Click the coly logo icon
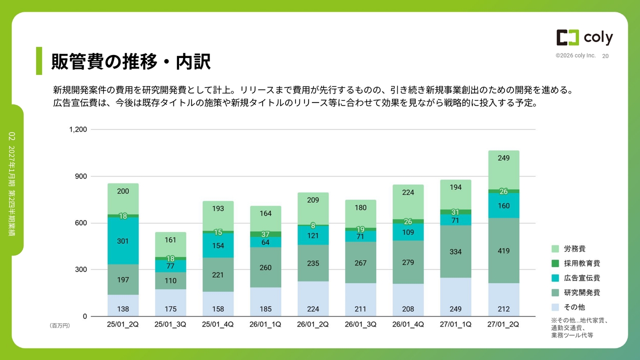click(x=567, y=37)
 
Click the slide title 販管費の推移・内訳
click(x=131, y=61)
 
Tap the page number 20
click(x=605, y=56)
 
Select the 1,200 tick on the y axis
click(x=78, y=129)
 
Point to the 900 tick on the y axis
click(x=81, y=176)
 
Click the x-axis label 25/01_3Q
click(x=170, y=324)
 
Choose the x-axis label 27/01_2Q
click(x=503, y=324)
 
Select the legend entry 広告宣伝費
click(x=575, y=278)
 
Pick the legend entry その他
click(x=568, y=307)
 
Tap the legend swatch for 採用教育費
click(x=555, y=263)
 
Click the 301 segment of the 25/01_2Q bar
click(x=123, y=241)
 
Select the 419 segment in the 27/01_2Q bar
click(x=503, y=250)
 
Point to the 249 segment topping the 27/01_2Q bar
click(x=503, y=170)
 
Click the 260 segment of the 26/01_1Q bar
click(x=265, y=267)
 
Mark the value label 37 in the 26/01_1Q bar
click(x=265, y=234)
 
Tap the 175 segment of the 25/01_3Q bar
click(x=170, y=302)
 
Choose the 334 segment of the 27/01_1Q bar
click(x=455, y=251)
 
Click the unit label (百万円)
click(x=59, y=325)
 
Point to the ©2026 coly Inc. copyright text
click(x=575, y=55)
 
